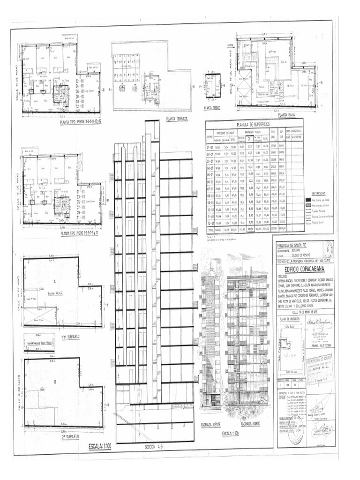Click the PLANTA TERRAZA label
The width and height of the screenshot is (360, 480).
pyautogui.click(x=177, y=119)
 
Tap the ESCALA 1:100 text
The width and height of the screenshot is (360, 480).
pyautogui.click(x=105, y=445)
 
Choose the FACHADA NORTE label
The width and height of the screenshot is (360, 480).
pyautogui.click(x=250, y=425)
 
